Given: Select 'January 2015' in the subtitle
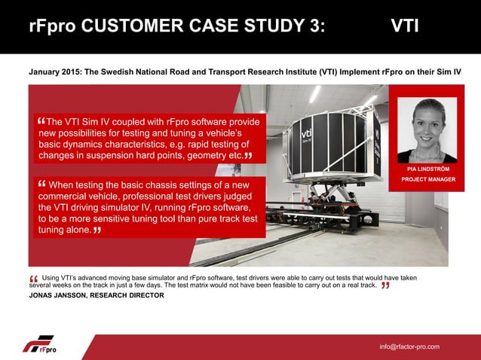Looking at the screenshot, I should [54, 72].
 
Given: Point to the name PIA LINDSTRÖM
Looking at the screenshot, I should [427, 169].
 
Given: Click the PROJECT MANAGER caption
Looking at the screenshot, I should [427, 180].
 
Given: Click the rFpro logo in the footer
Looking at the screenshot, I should [39, 345].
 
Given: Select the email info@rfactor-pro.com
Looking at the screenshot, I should [409, 346].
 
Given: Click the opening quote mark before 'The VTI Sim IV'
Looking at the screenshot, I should [40, 121].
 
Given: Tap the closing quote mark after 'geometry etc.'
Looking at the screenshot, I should [248, 155].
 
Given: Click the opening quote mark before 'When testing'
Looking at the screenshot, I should [41, 183].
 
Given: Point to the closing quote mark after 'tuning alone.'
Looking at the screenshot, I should [97, 230].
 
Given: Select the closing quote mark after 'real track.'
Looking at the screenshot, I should [385, 286].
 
